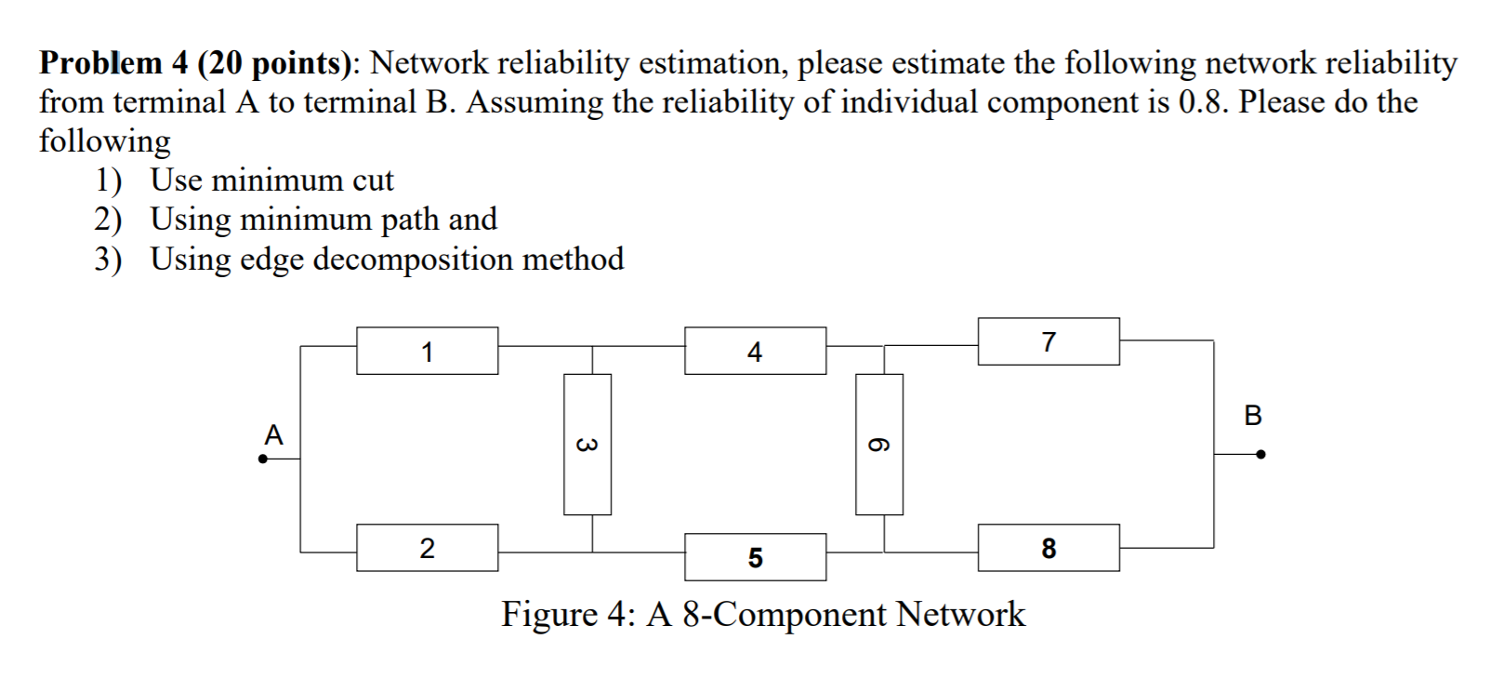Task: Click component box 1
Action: coord(427,351)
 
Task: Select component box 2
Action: coord(427,548)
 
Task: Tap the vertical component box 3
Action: coord(587,445)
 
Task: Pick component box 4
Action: coord(755,351)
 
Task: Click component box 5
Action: coord(755,557)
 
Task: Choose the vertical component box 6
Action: coord(878,445)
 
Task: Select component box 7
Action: coord(1048,341)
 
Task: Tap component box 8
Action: coord(1048,548)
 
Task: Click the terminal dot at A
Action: coord(263,459)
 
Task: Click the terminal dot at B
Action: coord(1260,455)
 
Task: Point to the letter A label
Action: coord(273,434)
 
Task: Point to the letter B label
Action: coord(1252,415)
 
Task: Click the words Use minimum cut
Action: coord(271,180)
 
